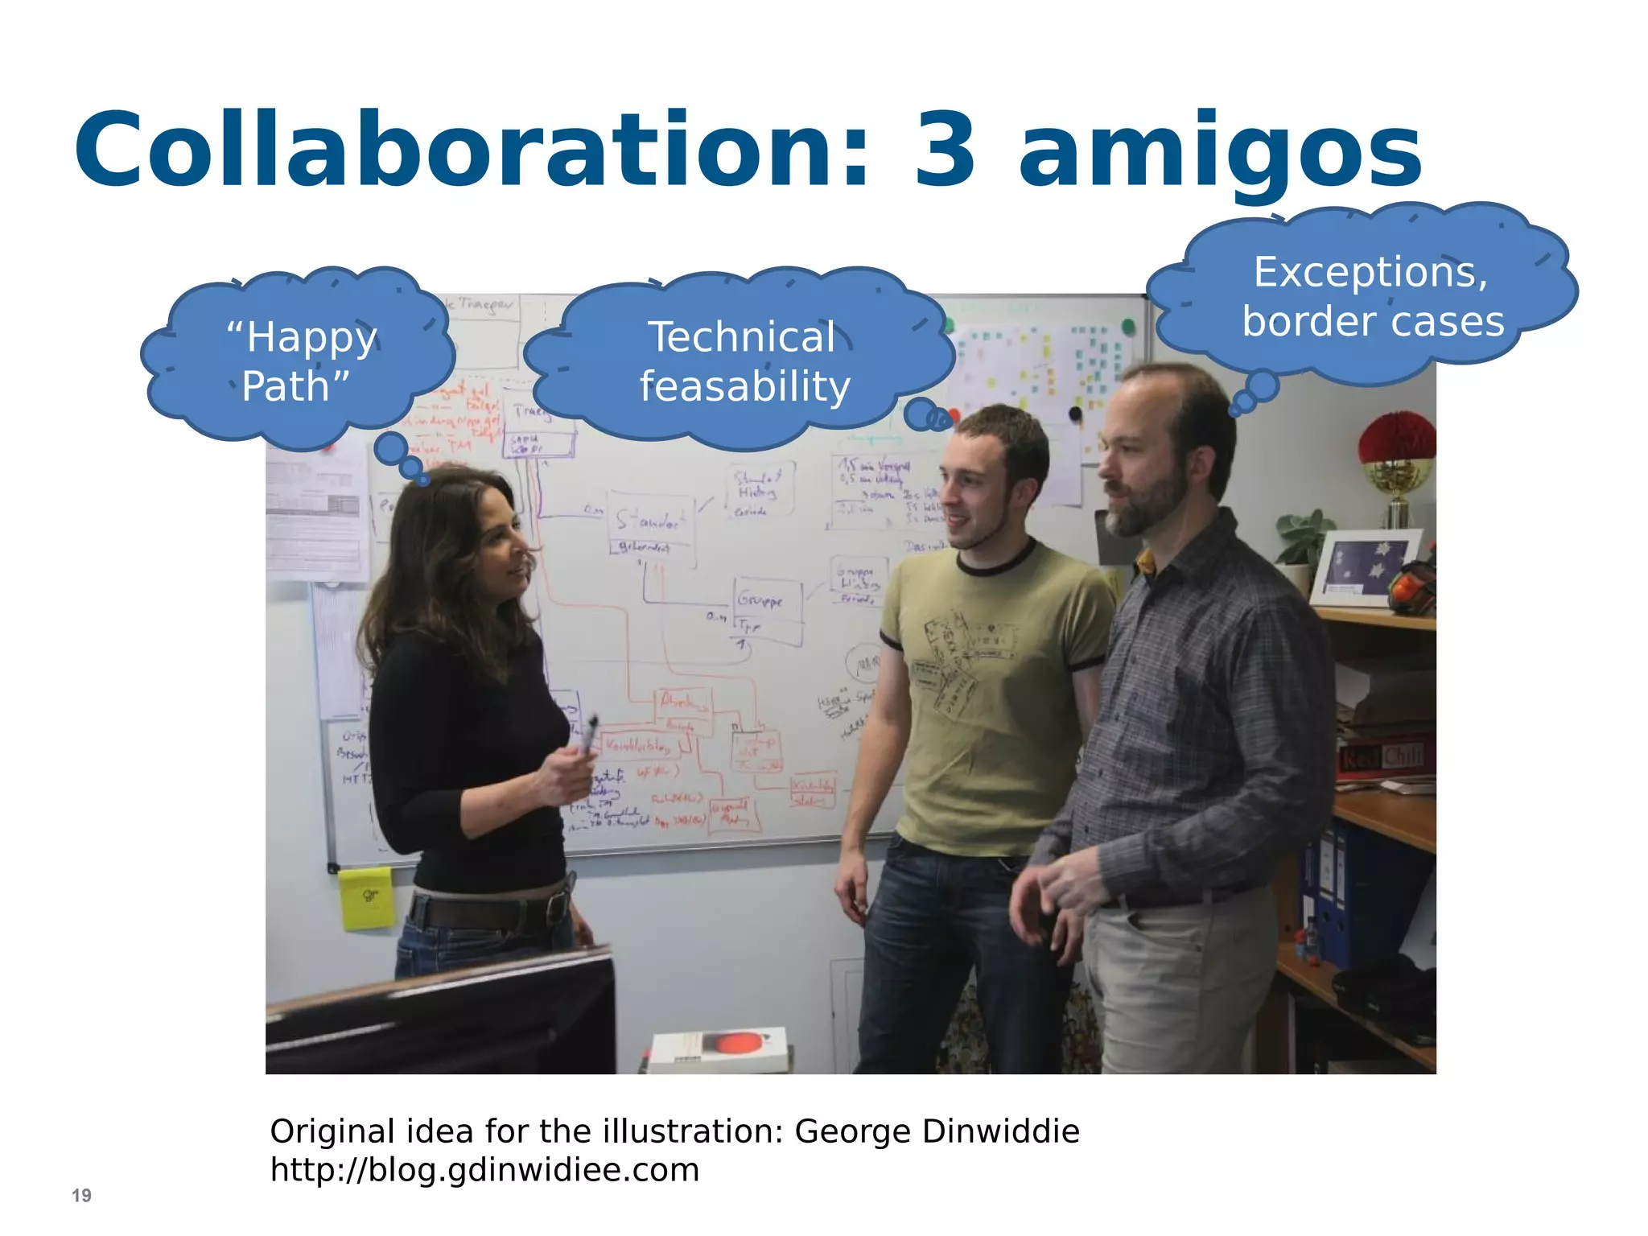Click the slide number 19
pos(81,1195)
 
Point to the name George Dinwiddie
pos(937,1131)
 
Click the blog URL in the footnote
pos(484,1170)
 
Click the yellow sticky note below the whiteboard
pos(366,897)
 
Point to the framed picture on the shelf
pos(1364,567)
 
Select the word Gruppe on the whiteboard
pos(760,600)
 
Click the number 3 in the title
pos(946,151)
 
